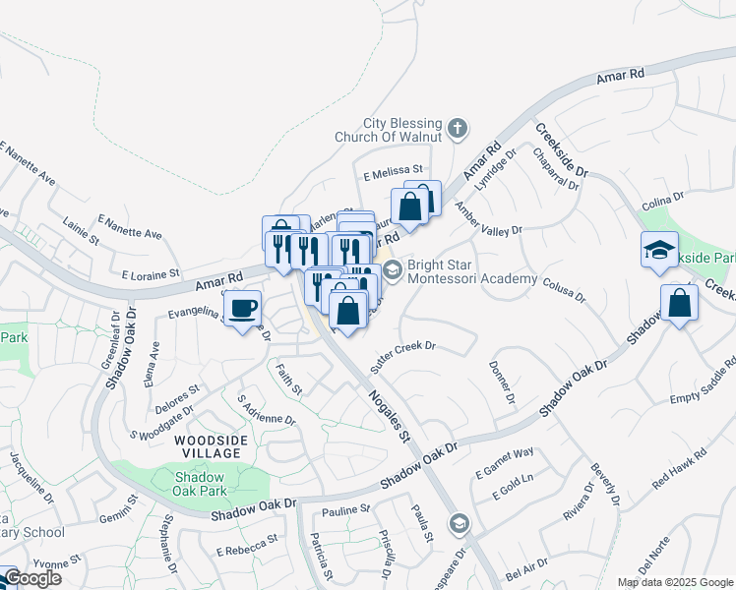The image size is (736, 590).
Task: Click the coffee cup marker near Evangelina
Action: pos(242,309)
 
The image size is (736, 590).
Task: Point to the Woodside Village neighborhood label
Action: pos(210,446)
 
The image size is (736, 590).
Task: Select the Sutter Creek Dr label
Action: pos(402,355)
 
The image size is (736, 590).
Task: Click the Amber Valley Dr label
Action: pos(488,219)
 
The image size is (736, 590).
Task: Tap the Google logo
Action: pos(31,578)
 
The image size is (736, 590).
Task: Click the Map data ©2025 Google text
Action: pos(674,582)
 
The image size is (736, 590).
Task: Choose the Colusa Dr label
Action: pos(563,288)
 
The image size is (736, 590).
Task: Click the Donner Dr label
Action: pos(502,382)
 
